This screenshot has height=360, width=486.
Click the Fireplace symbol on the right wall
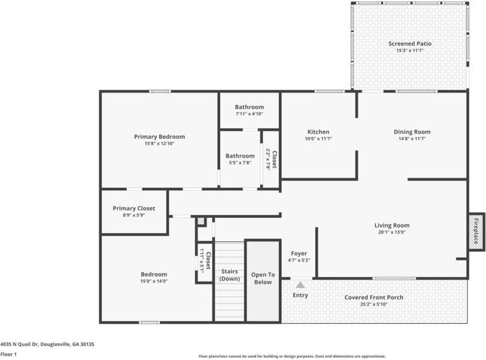tap(476, 232)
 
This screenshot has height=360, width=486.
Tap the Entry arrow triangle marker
tap(300, 284)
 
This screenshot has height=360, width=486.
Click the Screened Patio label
tap(410, 43)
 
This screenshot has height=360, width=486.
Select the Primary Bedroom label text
tap(159, 137)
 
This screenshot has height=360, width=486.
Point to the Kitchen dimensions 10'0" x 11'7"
tap(318, 139)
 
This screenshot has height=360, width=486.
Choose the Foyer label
tap(299, 253)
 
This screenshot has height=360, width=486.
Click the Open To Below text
tap(263, 278)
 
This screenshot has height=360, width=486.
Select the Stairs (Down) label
tap(229, 275)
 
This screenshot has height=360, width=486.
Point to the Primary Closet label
tap(133, 208)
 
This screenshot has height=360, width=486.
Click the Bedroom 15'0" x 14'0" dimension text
tap(154, 281)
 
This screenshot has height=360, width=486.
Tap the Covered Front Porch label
tap(374, 297)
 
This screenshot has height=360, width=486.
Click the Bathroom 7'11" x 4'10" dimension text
tap(249, 114)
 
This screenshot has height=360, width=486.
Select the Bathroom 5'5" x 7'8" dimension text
tap(240, 162)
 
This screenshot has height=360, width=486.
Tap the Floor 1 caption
tap(8, 355)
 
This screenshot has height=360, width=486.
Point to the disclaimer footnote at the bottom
tap(292, 356)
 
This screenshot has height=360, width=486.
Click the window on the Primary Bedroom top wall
tap(160, 91)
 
